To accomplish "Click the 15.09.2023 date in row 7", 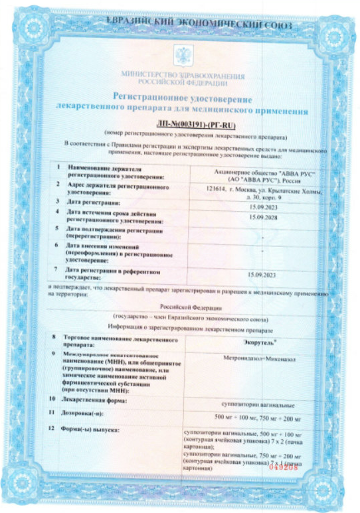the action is [x=261, y=274].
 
